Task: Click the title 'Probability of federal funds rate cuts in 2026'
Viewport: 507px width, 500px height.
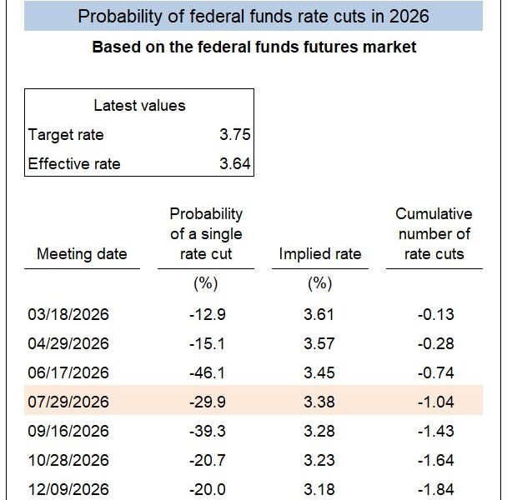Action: pos(254,16)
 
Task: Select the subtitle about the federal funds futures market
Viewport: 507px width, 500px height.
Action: pos(254,47)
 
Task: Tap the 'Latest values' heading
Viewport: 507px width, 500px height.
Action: pos(139,106)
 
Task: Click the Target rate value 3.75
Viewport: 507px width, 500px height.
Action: pos(235,135)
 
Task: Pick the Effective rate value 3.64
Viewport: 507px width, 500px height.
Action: pos(235,163)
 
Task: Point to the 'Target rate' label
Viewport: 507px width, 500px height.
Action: pos(66,135)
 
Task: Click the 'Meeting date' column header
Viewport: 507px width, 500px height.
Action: pos(82,254)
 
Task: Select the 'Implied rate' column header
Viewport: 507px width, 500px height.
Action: pos(320,254)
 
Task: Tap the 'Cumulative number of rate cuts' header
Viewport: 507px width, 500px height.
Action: pos(434,234)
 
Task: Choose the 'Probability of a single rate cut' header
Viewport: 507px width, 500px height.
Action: pos(205,234)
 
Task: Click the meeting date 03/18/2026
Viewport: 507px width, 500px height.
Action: pos(68,315)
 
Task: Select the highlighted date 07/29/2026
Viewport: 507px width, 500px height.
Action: pos(68,402)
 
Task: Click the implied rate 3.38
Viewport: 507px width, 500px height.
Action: pos(320,402)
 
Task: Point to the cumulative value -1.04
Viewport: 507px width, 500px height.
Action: pos(434,402)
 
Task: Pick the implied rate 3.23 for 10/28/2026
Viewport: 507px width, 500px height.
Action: pos(320,460)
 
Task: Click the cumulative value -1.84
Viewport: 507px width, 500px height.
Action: pos(434,488)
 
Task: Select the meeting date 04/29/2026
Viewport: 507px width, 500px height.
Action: pos(68,343)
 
